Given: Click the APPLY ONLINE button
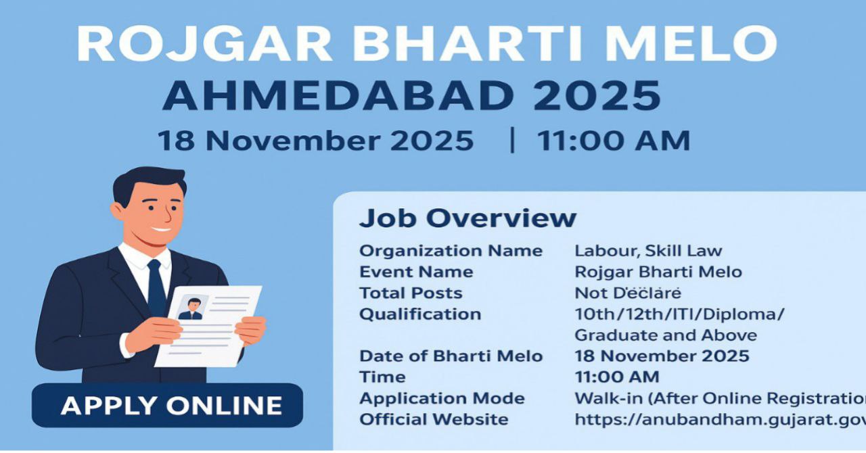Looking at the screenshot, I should (171, 405).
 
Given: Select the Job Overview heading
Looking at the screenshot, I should (468, 218).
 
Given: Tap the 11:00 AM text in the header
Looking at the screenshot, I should (613, 141).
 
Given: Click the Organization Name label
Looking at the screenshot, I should (451, 251).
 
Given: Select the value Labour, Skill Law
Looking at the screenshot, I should (648, 251).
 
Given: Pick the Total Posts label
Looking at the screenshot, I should (411, 293).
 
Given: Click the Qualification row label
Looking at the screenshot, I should (420, 314).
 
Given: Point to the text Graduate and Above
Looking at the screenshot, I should (666, 335).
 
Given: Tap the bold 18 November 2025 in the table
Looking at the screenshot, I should (662, 356).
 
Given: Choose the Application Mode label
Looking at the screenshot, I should (442, 398).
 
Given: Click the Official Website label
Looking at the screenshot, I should (434, 419).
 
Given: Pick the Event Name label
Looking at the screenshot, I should (416, 272).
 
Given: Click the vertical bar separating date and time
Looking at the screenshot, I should (512, 141).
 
